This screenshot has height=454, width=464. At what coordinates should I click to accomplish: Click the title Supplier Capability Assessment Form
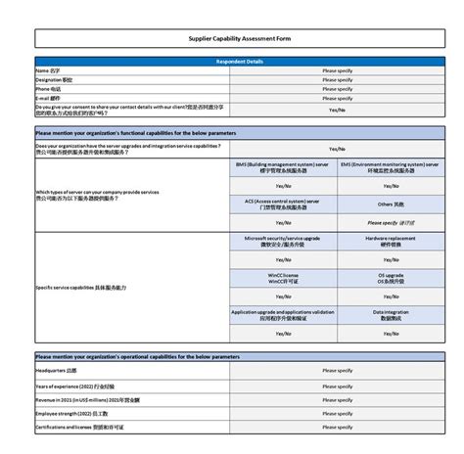(x=240, y=38)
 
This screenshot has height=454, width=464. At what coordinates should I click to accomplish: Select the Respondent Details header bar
(x=240, y=61)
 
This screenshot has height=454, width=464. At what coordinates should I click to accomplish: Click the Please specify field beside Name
(x=338, y=70)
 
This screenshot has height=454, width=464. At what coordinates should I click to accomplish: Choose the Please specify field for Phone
(x=338, y=89)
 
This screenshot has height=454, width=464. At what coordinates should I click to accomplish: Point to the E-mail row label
(x=48, y=98)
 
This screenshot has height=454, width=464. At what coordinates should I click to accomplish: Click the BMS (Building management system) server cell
(x=283, y=168)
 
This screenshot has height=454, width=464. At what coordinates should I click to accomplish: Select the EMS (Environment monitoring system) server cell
(x=391, y=168)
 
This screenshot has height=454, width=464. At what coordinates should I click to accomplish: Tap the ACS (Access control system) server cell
(x=283, y=204)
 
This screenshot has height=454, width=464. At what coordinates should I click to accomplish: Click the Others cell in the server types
(x=391, y=204)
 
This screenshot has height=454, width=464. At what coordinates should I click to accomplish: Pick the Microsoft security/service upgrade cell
(x=283, y=241)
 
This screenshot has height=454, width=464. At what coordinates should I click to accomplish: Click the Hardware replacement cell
(x=391, y=241)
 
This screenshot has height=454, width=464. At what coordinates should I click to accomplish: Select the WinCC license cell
(x=283, y=278)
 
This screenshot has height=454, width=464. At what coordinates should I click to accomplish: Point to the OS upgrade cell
(x=391, y=278)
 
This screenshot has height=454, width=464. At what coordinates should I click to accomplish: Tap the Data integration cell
(x=391, y=314)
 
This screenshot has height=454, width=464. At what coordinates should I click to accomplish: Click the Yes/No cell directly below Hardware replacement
(x=391, y=259)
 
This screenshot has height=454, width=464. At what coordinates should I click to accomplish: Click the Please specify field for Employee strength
(x=338, y=413)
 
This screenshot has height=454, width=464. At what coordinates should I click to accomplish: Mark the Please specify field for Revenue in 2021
(x=338, y=399)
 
